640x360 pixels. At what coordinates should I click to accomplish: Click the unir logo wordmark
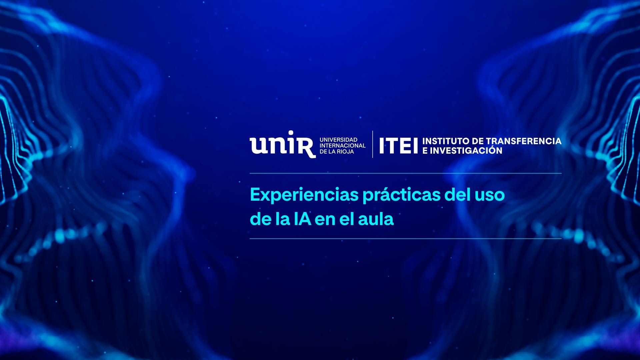(283, 144)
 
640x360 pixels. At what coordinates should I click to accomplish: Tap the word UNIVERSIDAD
(338, 140)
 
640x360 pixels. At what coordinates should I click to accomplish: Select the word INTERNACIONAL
(342, 146)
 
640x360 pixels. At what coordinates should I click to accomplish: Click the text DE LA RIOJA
(337, 152)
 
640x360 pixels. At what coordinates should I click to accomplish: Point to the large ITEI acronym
(398, 146)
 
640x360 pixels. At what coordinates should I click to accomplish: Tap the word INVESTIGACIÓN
(466, 150)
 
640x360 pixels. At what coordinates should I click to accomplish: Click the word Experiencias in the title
(304, 195)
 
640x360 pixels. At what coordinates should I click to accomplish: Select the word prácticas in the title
(402, 195)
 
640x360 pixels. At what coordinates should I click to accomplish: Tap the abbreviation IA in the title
(302, 219)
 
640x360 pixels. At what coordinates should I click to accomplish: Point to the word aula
(376, 219)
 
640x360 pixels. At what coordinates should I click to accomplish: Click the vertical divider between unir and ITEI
(373, 144)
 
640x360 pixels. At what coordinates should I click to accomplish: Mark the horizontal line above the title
(406, 173)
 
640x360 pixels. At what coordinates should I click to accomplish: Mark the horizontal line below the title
(406, 239)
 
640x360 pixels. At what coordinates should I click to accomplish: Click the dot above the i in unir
(291, 133)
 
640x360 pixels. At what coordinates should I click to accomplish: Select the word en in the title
(325, 221)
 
